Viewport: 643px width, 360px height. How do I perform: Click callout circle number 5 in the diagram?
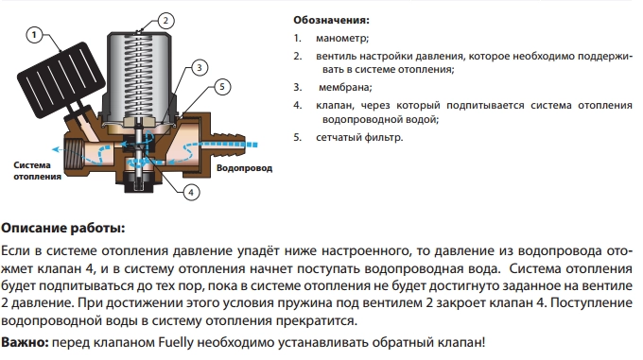coord(222,88)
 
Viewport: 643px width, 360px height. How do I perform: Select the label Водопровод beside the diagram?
coord(244,169)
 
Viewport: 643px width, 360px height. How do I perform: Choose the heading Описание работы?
coord(62,228)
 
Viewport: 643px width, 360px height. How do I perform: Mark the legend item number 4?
coord(298,104)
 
